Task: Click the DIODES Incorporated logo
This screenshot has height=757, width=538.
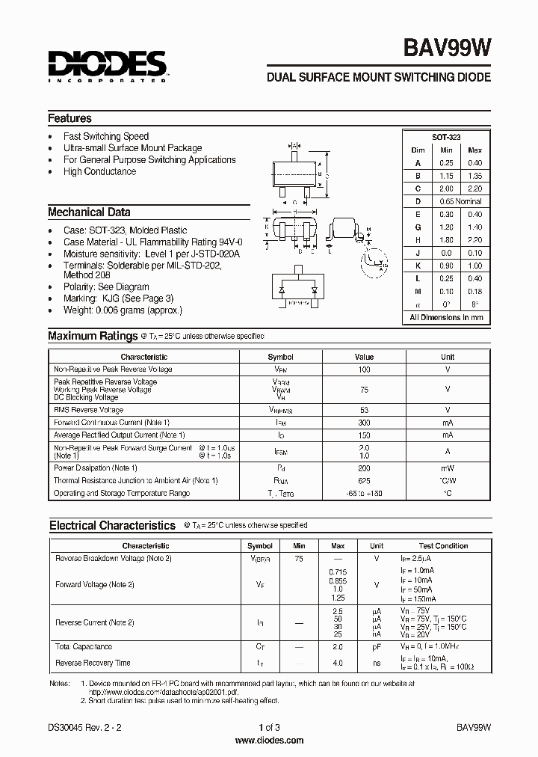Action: click(108, 67)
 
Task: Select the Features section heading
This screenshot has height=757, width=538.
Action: click(69, 118)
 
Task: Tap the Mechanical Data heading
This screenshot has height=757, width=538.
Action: click(89, 212)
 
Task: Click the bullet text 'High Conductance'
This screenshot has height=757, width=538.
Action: click(99, 171)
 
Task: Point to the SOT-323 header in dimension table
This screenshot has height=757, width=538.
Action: click(446, 137)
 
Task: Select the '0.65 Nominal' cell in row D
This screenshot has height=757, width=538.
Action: click(460, 201)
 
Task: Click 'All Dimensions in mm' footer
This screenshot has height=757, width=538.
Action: click(446, 317)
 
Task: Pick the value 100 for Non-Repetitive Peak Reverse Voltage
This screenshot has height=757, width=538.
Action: click(364, 370)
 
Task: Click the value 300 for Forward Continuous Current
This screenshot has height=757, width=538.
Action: click(364, 423)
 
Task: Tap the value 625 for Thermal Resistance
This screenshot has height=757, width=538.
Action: click(364, 480)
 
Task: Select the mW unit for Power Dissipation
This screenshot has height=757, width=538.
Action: click(447, 468)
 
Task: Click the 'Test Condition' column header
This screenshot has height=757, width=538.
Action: click(443, 546)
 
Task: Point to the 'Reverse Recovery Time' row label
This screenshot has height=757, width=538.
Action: click(93, 663)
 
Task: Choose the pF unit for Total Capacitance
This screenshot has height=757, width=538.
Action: click(377, 646)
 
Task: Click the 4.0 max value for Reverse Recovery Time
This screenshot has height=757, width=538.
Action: click(337, 663)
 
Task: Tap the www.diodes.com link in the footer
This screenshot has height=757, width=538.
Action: click(269, 741)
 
